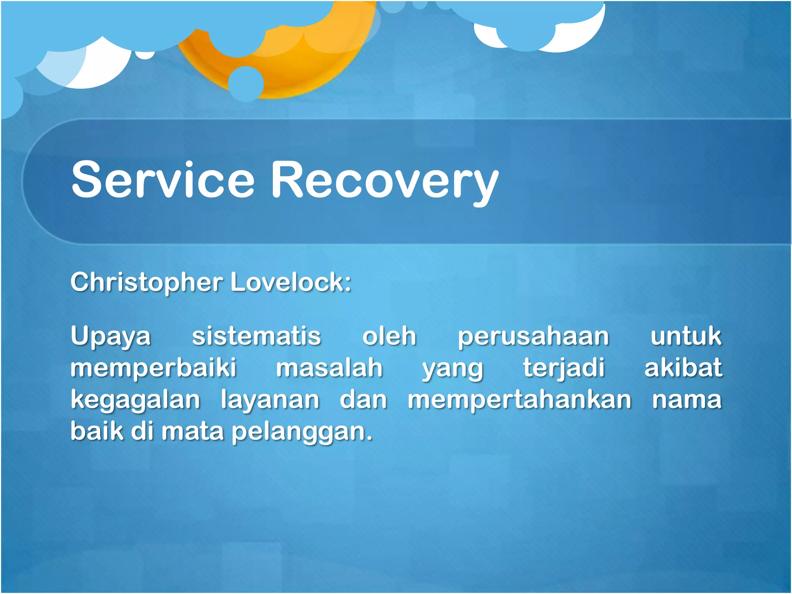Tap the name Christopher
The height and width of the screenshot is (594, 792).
pos(147,282)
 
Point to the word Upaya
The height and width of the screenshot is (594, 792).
pos(111,336)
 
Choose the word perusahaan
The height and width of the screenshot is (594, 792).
pos(533,336)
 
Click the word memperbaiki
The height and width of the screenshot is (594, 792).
pos(153,368)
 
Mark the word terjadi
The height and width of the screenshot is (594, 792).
pos(564,368)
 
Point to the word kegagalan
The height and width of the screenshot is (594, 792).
pos(135,400)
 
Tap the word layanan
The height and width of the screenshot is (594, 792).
pos(270,400)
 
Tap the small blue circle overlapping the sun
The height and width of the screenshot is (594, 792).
pos(246,83)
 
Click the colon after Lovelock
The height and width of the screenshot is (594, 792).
pos(348,283)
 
